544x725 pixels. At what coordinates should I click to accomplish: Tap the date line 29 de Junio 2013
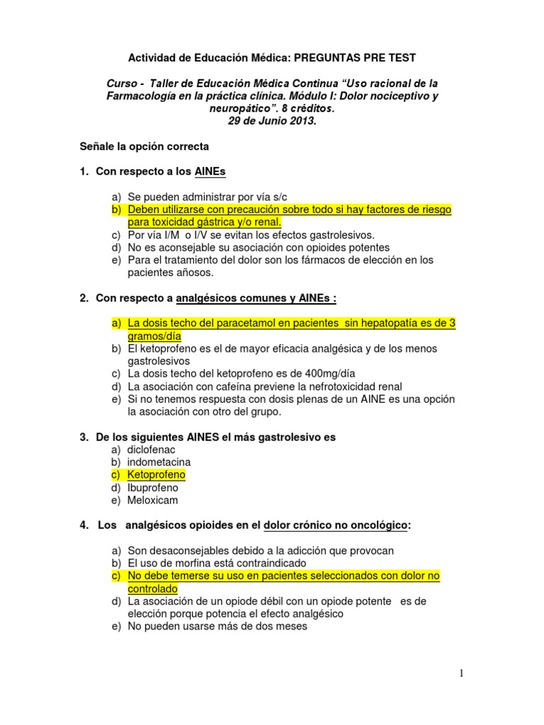[x=273, y=121]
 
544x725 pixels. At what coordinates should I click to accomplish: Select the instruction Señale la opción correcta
[x=144, y=147]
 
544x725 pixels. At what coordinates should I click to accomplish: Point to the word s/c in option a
[x=279, y=197]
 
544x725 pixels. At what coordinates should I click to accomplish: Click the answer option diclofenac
[x=151, y=450]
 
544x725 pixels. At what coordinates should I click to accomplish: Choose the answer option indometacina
[x=159, y=462]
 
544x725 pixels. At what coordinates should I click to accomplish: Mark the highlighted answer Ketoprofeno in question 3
[x=157, y=475]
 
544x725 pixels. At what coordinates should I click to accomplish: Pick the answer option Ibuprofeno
[x=153, y=488]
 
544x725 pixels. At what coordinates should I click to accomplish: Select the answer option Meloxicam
[x=152, y=501]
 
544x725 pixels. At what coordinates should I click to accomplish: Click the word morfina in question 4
[x=190, y=563]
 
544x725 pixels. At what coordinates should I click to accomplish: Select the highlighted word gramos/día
[x=154, y=336]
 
